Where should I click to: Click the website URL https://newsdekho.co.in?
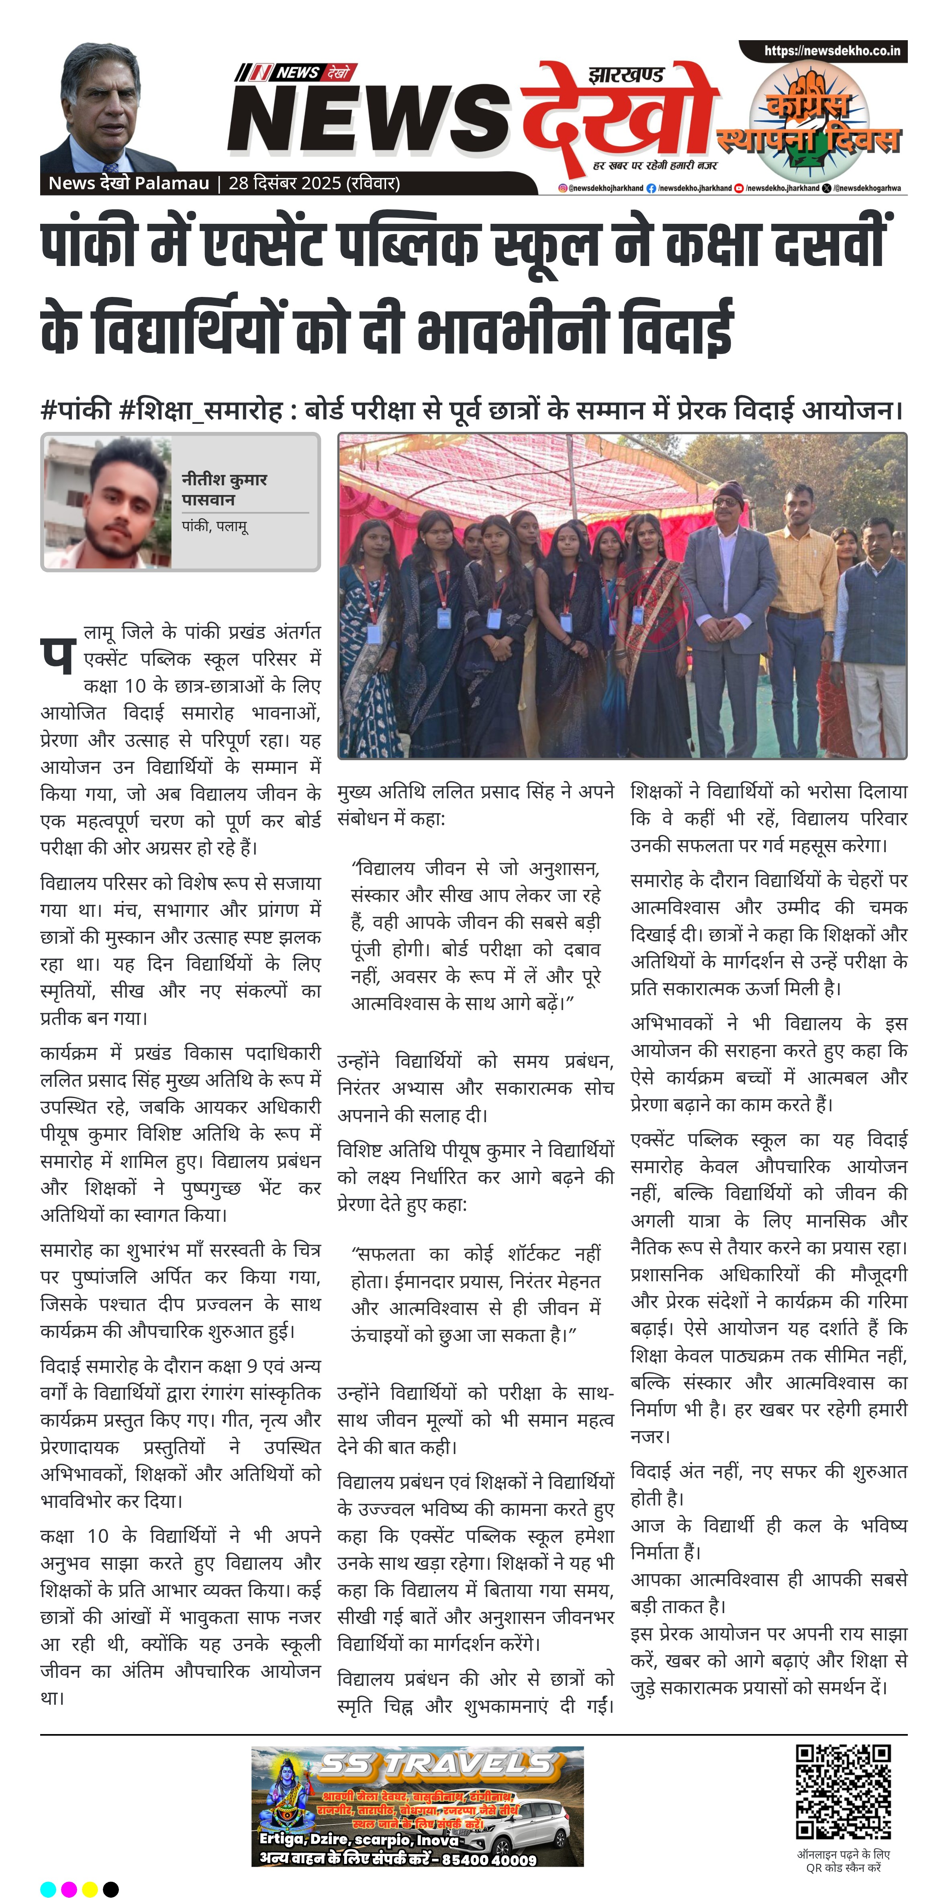pyautogui.click(x=832, y=51)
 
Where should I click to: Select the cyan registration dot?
pyautogui.click(x=48, y=1889)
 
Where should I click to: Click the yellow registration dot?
pyautogui.click(x=90, y=1889)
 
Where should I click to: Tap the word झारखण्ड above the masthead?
pyautogui.click(x=626, y=74)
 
